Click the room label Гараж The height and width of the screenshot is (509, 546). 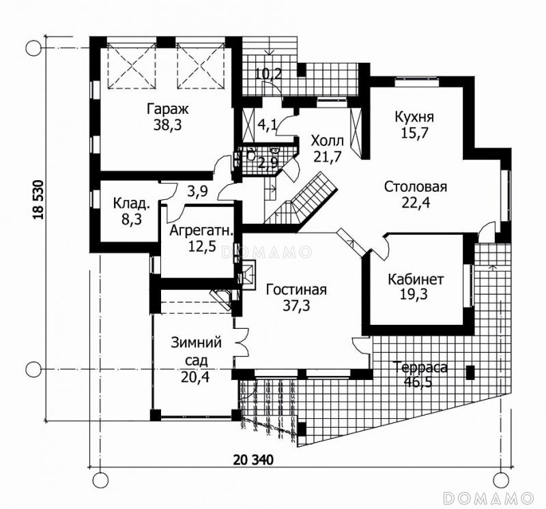pos(167,108)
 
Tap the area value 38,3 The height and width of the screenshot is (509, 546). pos(167,125)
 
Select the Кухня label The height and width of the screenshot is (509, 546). pos(414,117)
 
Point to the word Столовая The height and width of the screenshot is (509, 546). pos(416,186)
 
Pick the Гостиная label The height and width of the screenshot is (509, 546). pos(296,290)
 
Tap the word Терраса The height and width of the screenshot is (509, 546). pos(420,367)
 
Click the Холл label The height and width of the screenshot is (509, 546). pos(328,141)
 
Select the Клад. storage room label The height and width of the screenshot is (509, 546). pos(132,203)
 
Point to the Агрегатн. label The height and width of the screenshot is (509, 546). pos(201,231)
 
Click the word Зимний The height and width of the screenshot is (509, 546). pos(197,343)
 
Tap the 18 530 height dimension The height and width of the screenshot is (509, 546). pos(39,200)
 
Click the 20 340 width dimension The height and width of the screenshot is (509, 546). pos(253,460)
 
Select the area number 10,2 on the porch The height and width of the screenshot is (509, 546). pos(268,74)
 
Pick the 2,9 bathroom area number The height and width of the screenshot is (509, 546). pos(268,162)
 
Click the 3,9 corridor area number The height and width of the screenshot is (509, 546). pos(197,191)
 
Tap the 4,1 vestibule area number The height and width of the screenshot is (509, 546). pos(268,125)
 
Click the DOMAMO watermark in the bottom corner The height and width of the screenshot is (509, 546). pos(489,498)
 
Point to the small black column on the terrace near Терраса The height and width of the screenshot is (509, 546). pos(471,373)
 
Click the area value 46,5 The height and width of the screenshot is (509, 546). pos(418,382)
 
